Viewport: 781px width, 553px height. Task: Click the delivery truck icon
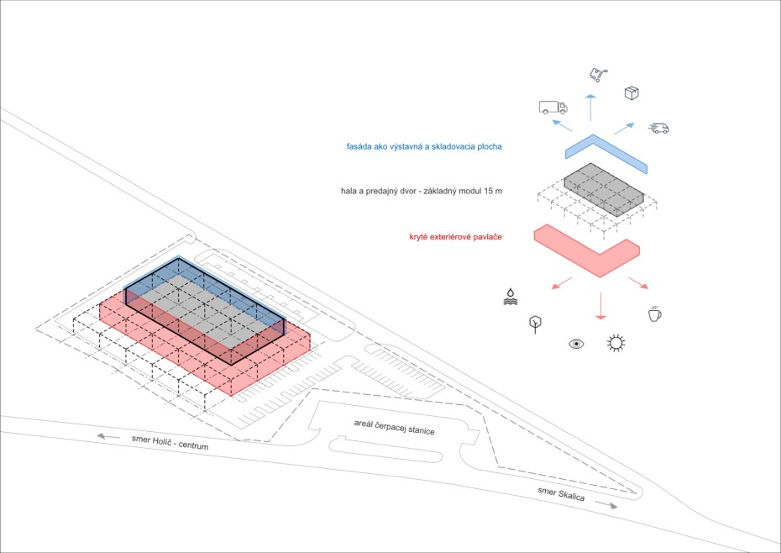click(553, 108)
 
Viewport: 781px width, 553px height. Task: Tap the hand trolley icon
click(598, 76)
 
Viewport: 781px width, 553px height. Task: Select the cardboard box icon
click(632, 92)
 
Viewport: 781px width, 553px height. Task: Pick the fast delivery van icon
click(659, 128)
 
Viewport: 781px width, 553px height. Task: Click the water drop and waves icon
click(511, 297)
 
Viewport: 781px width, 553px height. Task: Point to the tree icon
click(536, 324)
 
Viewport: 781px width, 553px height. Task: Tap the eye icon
click(576, 344)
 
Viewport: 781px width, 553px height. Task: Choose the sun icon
click(616, 343)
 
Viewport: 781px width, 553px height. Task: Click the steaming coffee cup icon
click(654, 313)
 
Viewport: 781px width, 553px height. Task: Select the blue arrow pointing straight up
click(590, 108)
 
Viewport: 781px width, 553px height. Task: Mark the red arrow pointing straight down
click(600, 306)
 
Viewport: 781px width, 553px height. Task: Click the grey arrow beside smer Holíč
click(108, 437)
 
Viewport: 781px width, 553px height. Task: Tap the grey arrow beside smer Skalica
click(606, 505)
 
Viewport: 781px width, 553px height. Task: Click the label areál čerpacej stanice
click(395, 427)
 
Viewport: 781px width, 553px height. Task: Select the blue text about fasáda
click(424, 146)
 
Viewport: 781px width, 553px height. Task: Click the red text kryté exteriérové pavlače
click(456, 237)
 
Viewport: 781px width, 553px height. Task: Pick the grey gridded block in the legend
click(604, 189)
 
